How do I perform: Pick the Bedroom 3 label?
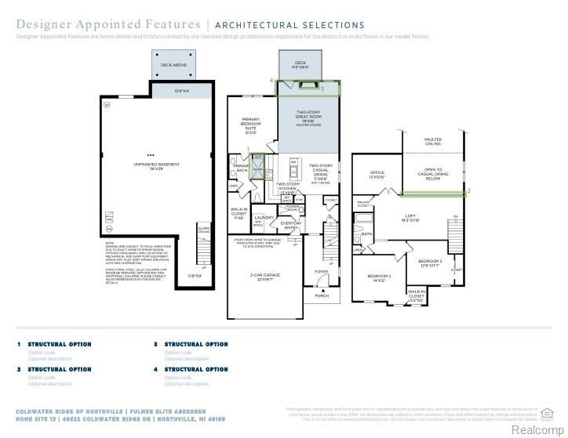[429, 262]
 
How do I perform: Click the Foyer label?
[321, 273]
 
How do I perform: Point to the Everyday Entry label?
[293, 226]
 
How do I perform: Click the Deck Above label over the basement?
[173, 65]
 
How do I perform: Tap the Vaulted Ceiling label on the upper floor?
[433, 142]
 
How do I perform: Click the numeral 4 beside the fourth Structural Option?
[156, 369]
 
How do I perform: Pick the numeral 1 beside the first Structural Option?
[19, 344]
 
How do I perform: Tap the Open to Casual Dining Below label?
[433, 174]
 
